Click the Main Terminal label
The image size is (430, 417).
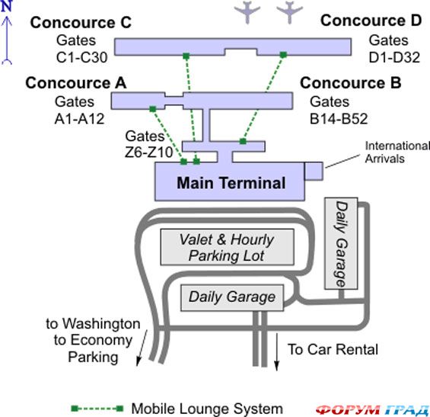231,183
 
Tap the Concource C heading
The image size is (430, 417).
81,22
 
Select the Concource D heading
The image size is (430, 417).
371,21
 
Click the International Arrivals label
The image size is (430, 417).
397,152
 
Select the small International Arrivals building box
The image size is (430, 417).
314,171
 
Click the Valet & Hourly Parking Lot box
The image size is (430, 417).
227,247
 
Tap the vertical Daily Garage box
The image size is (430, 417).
341,243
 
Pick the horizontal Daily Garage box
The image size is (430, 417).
232,298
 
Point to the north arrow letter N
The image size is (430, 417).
7,6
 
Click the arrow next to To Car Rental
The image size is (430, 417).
276,352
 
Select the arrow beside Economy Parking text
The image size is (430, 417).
142,348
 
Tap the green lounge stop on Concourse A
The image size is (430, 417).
153,109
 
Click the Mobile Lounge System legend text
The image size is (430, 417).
207,409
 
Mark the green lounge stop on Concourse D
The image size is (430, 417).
283,55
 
